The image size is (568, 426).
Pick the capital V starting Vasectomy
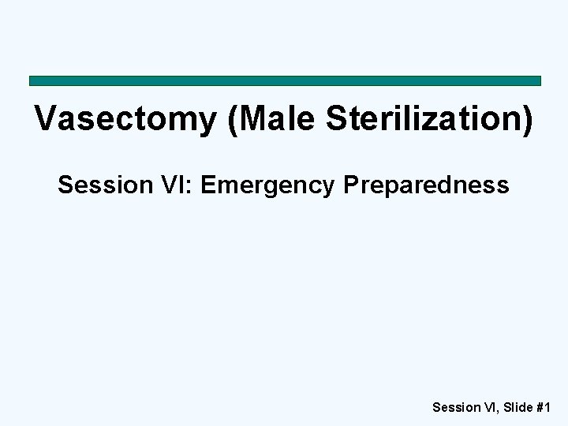point(46,119)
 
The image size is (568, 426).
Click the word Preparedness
point(426,186)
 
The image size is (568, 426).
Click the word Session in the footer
point(455,408)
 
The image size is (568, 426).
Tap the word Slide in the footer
point(516,408)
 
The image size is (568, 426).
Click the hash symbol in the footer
point(540,408)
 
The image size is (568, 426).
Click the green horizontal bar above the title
point(285,80)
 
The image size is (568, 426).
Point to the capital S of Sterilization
point(337,119)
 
